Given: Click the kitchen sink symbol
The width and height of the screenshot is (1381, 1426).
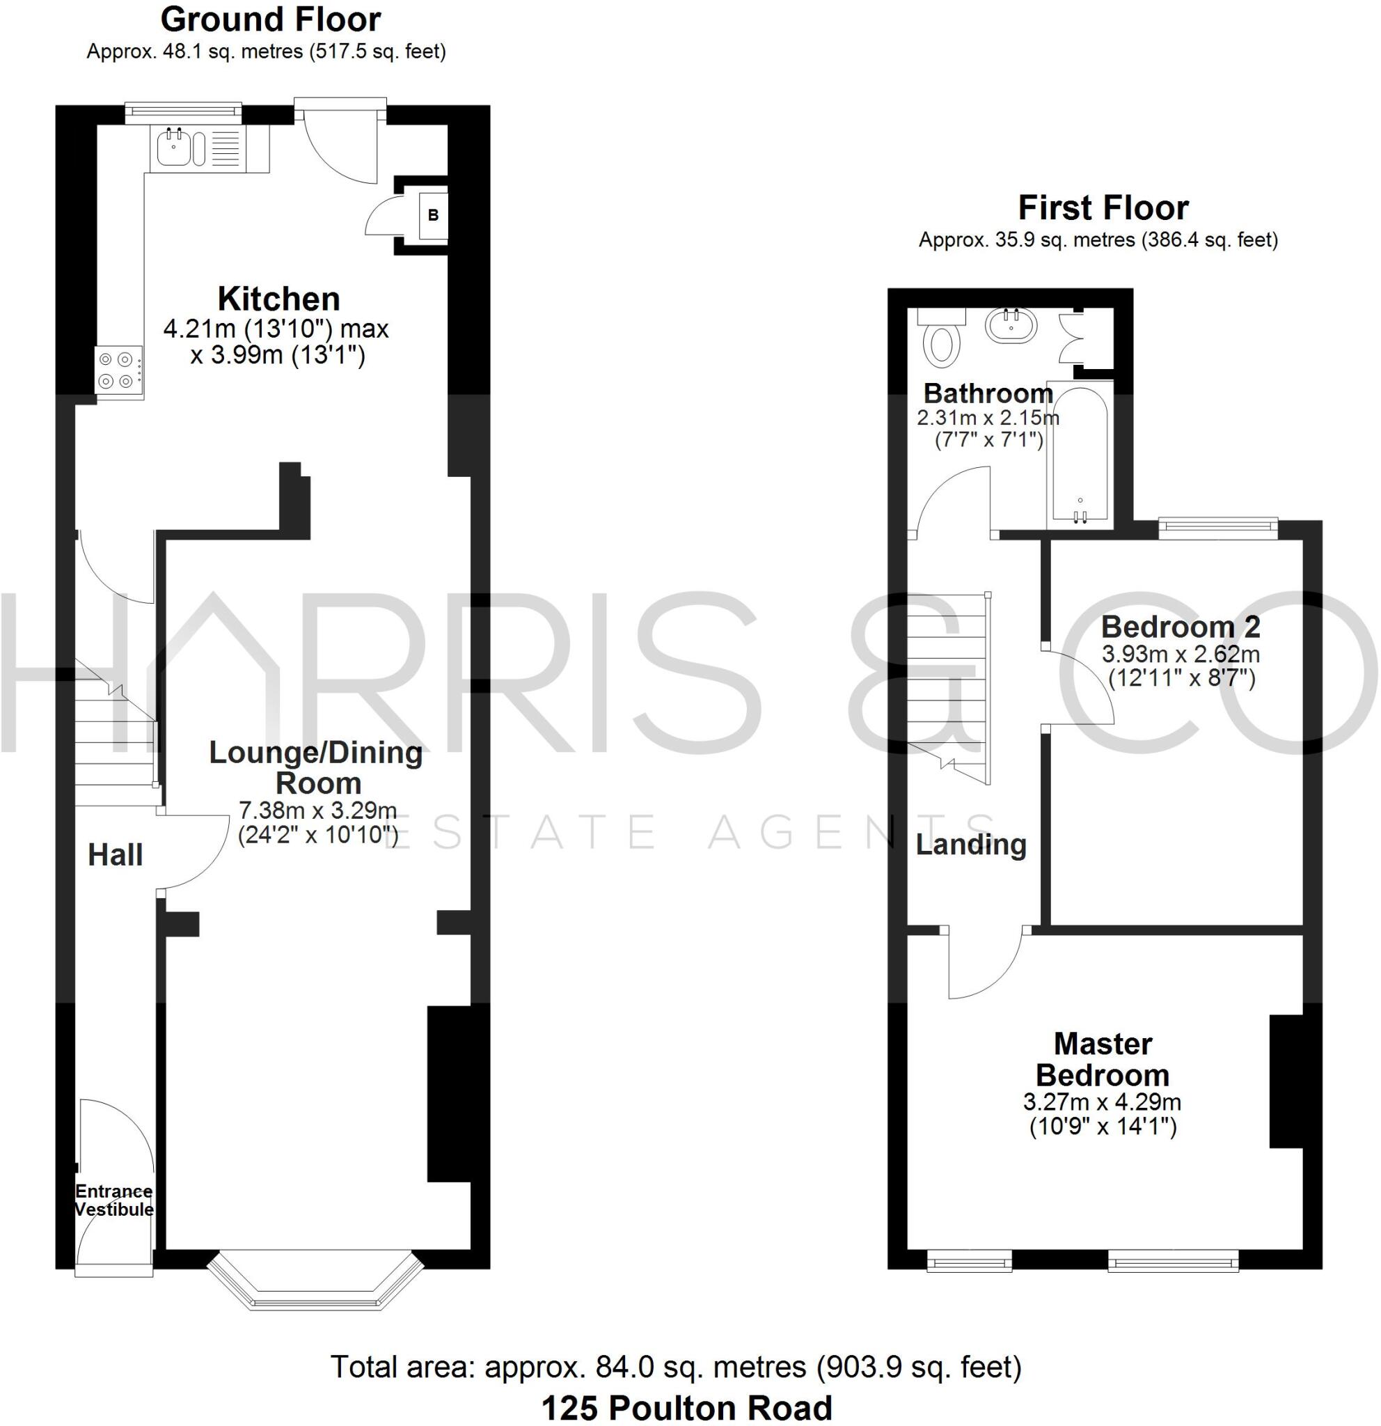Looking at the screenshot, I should click(x=175, y=148).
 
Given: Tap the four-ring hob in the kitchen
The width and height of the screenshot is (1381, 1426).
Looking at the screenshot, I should click(x=118, y=370).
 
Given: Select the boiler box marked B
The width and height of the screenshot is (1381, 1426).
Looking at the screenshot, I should click(x=434, y=214).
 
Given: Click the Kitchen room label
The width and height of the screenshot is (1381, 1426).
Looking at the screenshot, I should click(x=278, y=299).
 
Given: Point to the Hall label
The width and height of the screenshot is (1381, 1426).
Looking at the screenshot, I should click(x=115, y=855).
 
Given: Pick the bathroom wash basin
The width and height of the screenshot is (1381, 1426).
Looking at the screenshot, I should click(x=1011, y=325).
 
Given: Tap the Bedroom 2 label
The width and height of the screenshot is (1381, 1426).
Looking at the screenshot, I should click(x=1181, y=627).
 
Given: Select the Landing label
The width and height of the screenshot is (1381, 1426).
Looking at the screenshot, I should click(x=971, y=844).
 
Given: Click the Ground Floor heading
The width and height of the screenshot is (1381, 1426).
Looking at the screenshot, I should click(x=271, y=20).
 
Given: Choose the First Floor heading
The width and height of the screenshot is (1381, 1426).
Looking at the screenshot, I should click(x=1103, y=208).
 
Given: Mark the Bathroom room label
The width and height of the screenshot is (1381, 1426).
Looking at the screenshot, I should click(x=988, y=393).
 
